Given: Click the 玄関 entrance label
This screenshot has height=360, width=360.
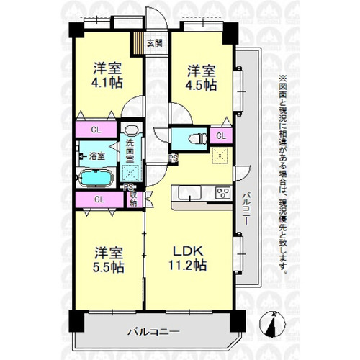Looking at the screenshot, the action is tap(155, 43).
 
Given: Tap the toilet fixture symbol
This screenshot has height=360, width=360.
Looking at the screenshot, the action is tap(198, 139).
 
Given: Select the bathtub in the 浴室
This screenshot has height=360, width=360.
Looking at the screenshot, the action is tap(96, 178).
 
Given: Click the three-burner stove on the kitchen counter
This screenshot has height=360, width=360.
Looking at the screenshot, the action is tap(223, 192).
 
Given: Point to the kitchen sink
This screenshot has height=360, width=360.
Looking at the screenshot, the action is tap(190, 192).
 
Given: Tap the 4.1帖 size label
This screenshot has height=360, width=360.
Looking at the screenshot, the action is tap(107, 83).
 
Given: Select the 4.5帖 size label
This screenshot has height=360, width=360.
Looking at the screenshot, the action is tap(201, 85).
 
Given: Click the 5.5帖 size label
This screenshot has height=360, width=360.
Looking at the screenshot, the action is tap(109, 267).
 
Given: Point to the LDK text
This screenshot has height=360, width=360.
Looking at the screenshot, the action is tap(189, 251).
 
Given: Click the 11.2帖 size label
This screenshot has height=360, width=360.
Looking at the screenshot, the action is tap(188, 265).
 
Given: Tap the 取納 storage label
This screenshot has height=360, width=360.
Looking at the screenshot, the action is tap(134, 199).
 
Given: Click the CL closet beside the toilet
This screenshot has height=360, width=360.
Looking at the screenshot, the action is tap(221, 136).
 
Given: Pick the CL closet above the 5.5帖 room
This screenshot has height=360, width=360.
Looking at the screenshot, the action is tap(99, 199).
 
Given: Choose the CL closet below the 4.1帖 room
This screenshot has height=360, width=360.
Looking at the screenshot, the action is tap(96, 130).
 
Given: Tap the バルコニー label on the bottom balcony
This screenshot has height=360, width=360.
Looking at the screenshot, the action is tap(153, 332).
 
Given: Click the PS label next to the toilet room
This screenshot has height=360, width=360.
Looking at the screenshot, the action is tap(174, 158).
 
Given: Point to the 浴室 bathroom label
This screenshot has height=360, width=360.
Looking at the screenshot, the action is tap(97, 156).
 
